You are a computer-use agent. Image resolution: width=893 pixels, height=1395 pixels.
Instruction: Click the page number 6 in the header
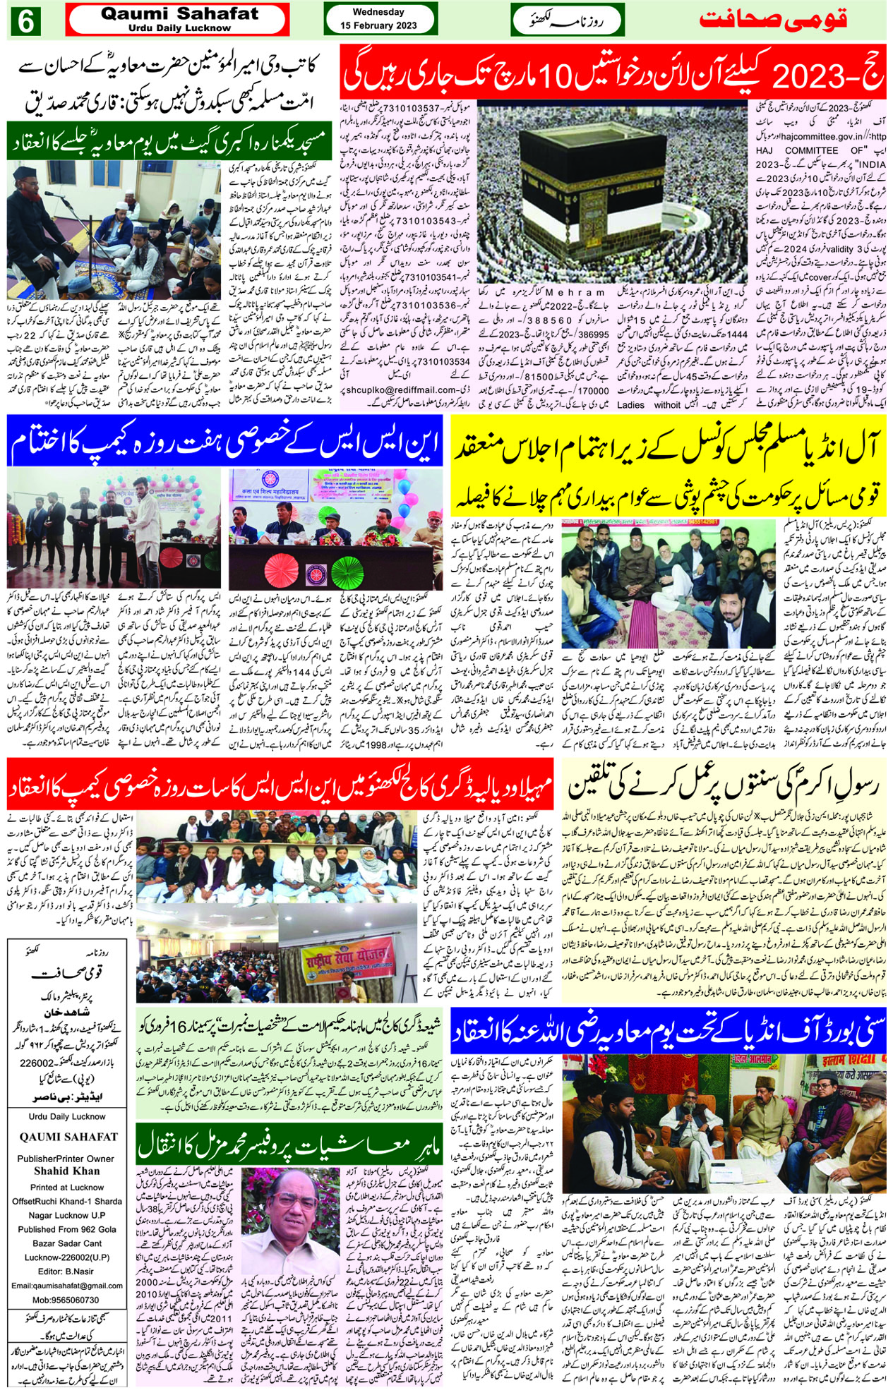[x=25, y=21]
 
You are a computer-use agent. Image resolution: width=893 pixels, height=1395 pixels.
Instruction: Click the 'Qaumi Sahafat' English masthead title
[x=179, y=13]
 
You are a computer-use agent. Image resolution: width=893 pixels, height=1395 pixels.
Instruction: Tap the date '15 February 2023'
[x=378, y=25]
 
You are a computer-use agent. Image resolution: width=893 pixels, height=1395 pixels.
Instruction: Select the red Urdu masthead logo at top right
[x=772, y=20]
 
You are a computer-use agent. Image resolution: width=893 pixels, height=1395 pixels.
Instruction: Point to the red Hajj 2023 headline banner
[x=613, y=72]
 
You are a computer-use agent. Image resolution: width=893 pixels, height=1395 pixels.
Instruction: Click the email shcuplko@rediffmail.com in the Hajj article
[x=402, y=389]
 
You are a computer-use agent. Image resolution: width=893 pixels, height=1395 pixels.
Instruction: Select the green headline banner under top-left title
[x=169, y=142]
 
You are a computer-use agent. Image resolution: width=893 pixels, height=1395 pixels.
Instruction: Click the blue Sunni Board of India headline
[x=669, y=1031]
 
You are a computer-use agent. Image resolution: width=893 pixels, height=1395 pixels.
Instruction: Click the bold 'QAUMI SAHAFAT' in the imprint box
[x=68, y=1137]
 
